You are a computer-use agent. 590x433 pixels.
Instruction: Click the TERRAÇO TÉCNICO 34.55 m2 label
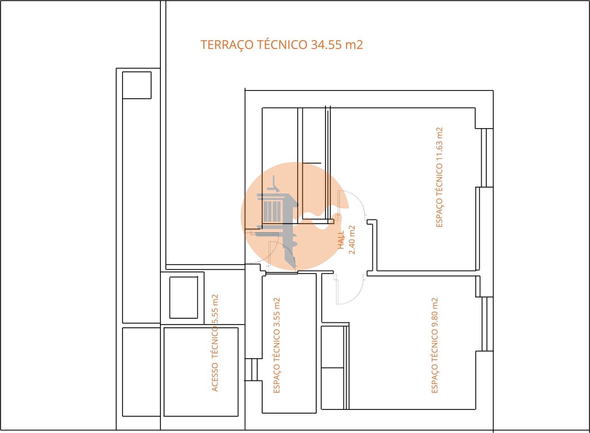click(x=282, y=45)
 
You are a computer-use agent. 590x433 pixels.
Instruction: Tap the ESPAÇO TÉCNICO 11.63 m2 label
click(x=439, y=177)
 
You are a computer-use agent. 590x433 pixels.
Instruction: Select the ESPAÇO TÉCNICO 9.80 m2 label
click(x=435, y=345)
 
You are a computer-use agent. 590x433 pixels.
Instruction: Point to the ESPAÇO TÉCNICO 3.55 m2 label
click(x=277, y=345)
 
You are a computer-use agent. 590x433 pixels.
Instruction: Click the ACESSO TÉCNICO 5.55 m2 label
click(x=215, y=343)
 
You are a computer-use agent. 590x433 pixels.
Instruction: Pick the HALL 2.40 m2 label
click(x=346, y=240)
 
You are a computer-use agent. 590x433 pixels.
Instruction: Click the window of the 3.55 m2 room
click(x=254, y=369)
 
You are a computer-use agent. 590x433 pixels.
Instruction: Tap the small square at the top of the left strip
click(x=136, y=85)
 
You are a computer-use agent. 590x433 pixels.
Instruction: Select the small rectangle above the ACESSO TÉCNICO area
click(x=183, y=297)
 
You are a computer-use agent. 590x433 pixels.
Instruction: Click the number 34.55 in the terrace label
click(x=329, y=45)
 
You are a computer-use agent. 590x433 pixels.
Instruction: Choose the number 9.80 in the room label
click(x=435, y=309)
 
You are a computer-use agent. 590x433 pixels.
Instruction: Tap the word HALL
click(x=341, y=240)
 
